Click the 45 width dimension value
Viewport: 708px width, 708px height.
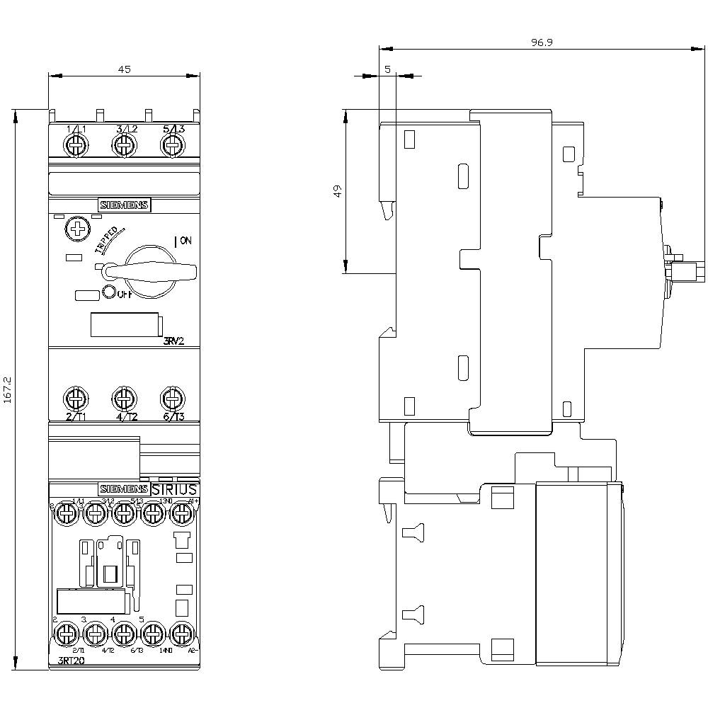click(124, 69)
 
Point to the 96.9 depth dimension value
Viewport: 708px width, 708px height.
click(542, 42)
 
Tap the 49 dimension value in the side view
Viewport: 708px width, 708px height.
click(338, 190)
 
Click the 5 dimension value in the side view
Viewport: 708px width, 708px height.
click(387, 69)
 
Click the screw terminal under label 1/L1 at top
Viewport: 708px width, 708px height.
click(75, 146)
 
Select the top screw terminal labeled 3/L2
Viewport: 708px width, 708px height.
click(124, 146)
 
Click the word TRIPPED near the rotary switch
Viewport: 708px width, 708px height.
click(107, 240)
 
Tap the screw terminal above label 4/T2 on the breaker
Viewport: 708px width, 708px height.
click(124, 396)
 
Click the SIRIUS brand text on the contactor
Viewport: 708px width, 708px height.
click(175, 489)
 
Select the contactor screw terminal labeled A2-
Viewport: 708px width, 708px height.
click(182, 630)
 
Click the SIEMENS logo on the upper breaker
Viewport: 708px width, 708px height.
click(124, 205)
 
